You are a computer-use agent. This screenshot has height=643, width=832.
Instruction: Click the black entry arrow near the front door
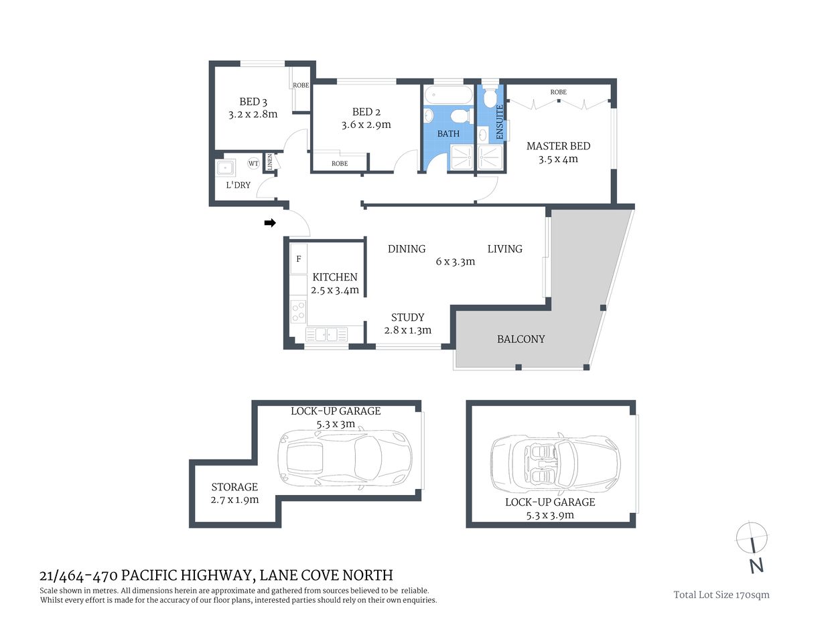pyautogui.click(x=270, y=223)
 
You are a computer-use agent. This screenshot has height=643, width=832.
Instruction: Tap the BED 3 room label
pyautogui.click(x=253, y=102)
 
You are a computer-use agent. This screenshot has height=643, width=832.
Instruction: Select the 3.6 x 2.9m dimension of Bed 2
pyautogui.click(x=366, y=125)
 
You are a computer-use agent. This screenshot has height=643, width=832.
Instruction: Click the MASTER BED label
pyautogui.click(x=558, y=146)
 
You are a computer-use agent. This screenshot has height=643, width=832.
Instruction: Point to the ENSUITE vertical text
pyautogui.click(x=499, y=122)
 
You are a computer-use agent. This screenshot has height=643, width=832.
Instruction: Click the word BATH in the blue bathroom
pyautogui.click(x=448, y=133)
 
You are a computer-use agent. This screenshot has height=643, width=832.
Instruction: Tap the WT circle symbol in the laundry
pyautogui.click(x=253, y=163)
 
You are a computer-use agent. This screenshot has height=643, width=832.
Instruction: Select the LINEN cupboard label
pyautogui.click(x=271, y=162)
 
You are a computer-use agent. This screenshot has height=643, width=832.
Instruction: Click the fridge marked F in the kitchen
pyautogui.click(x=299, y=259)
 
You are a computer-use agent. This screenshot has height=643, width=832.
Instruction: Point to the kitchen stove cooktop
pyautogui.click(x=299, y=311)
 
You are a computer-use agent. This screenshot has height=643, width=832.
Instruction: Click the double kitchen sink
pyautogui.click(x=327, y=334)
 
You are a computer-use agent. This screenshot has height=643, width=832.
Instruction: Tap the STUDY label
pyautogui.click(x=407, y=317)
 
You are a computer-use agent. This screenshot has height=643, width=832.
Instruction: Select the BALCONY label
pyautogui.click(x=521, y=339)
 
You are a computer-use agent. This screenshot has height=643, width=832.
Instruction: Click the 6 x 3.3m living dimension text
pyautogui.click(x=455, y=262)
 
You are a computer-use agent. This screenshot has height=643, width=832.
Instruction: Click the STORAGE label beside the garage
pyautogui.click(x=234, y=487)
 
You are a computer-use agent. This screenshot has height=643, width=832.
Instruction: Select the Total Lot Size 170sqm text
pyautogui.click(x=721, y=595)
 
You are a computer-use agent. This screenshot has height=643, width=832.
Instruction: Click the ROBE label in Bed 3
pyautogui.click(x=301, y=85)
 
